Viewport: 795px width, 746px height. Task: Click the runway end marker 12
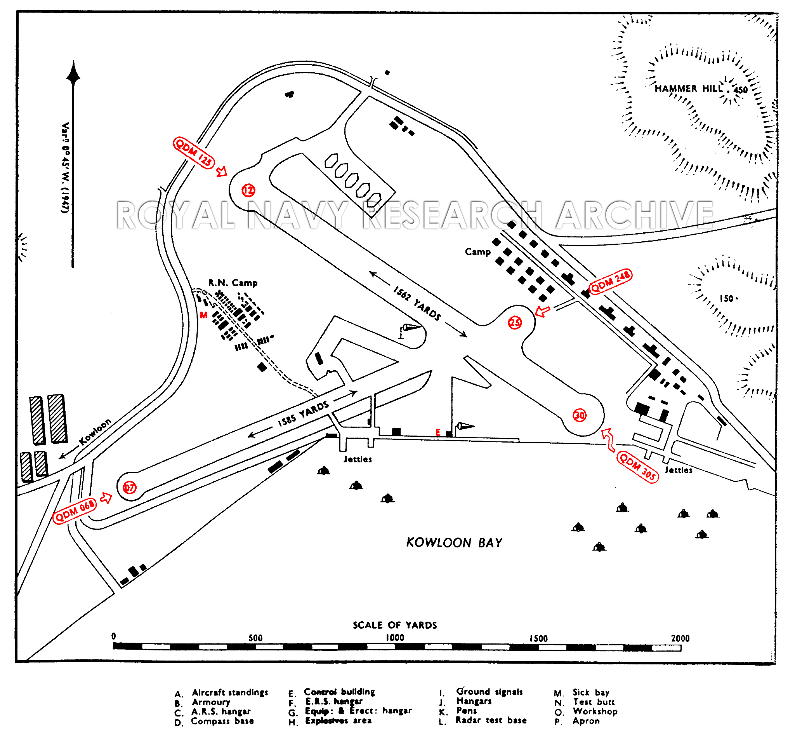(x=248, y=190)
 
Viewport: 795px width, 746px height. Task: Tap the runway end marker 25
(x=515, y=322)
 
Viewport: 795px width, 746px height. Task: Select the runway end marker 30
(x=580, y=415)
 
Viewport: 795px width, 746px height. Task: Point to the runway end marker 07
(x=129, y=488)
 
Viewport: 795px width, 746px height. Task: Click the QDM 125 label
(x=194, y=153)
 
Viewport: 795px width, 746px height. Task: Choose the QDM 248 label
(x=610, y=281)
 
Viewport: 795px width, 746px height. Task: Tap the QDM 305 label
(x=637, y=467)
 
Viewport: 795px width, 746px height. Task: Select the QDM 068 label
(x=75, y=511)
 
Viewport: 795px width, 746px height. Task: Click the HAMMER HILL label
(x=689, y=89)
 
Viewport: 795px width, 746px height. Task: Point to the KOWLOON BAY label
(x=454, y=543)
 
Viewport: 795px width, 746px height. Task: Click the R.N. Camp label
(x=233, y=283)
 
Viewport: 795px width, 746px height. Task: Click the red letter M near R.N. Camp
(x=203, y=315)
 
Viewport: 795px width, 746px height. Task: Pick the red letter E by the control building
(x=438, y=432)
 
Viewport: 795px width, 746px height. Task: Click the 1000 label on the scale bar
(x=395, y=638)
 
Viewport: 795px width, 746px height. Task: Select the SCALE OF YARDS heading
(x=395, y=625)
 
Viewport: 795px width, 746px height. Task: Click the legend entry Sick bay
(x=591, y=692)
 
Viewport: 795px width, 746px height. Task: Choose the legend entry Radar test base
(x=491, y=720)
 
